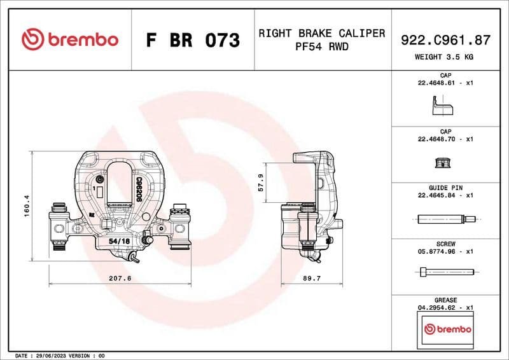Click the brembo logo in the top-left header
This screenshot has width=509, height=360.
(x=70, y=39)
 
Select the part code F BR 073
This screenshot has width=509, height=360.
(x=193, y=41)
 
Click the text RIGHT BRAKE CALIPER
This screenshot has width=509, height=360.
(x=321, y=33)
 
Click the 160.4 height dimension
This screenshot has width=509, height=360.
(x=27, y=206)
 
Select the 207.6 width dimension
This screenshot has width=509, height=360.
(x=120, y=278)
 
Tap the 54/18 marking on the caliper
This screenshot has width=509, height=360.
(x=119, y=242)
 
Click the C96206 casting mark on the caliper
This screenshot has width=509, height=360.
(x=138, y=189)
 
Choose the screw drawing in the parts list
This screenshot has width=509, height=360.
(x=447, y=272)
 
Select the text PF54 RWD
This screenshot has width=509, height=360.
(x=321, y=46)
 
